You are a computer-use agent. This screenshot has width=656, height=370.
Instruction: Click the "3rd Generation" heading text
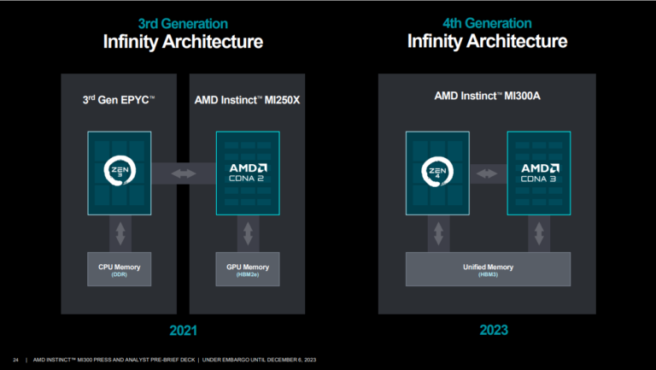183,23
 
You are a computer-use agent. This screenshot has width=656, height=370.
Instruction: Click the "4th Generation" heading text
486,23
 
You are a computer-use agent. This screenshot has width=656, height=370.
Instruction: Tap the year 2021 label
183,329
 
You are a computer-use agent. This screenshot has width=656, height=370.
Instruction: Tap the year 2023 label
487,329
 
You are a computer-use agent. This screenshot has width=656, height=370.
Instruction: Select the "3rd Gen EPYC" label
119,102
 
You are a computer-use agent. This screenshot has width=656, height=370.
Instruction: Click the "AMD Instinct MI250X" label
247,102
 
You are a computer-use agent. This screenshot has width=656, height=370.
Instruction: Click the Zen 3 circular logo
120,173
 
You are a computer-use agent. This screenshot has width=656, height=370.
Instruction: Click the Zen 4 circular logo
439,173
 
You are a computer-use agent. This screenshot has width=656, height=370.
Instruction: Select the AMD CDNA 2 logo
248,173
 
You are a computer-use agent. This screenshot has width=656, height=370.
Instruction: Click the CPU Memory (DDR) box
120,269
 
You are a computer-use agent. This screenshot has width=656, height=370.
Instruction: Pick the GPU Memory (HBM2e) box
248,269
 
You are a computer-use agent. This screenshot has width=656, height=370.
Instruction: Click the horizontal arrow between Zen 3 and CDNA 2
184,173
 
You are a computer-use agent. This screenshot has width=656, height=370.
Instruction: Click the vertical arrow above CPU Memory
120,232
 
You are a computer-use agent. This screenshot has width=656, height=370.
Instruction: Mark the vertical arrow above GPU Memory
248,232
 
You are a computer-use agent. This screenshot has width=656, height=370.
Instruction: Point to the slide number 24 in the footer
16,359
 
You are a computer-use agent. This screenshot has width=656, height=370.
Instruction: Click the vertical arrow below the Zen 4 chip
439,232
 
